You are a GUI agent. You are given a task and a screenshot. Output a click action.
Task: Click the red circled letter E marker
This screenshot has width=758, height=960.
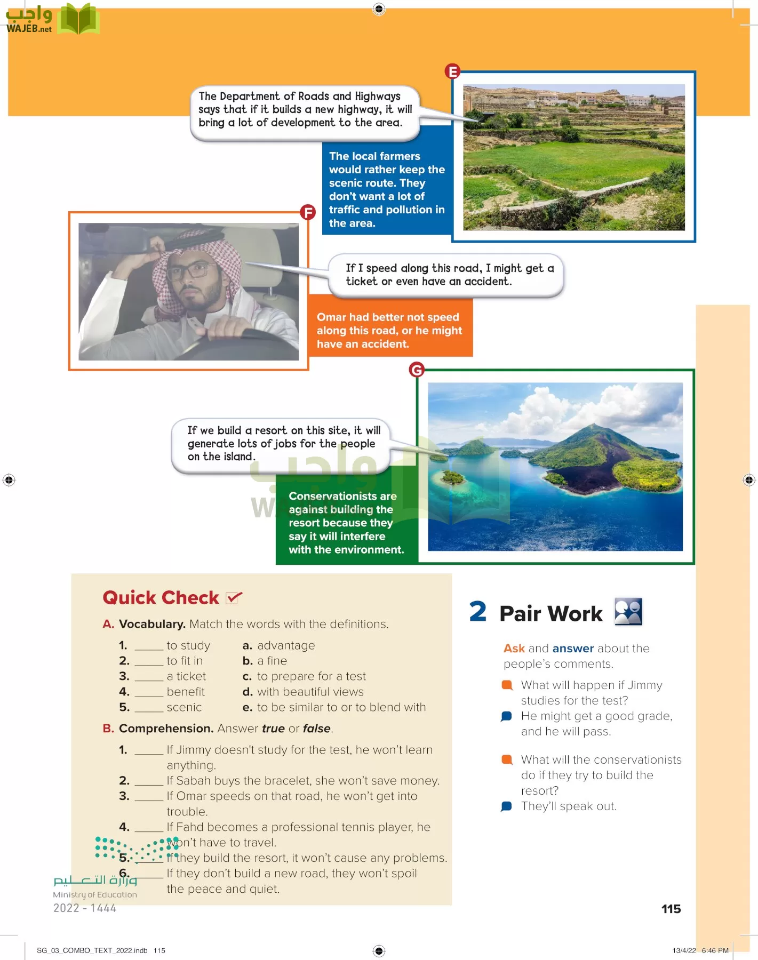[x=452, y=71]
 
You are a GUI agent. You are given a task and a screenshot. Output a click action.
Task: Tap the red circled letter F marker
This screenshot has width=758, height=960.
[x=307, y=212]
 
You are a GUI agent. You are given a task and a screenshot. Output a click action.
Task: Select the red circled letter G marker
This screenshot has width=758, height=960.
[x=416, y=369]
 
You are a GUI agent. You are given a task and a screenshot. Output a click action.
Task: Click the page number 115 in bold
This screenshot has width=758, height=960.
[x=671, y=909]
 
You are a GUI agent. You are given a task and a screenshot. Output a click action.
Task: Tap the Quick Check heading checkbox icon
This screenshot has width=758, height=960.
[x=234, y=598]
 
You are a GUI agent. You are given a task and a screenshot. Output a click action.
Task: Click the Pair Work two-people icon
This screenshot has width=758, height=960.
[x=628, y=612]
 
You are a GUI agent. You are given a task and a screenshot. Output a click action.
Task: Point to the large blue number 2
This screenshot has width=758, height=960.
[x=477, y=611]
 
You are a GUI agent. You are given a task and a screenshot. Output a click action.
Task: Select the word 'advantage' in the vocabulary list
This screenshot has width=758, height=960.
[x=286, y=645]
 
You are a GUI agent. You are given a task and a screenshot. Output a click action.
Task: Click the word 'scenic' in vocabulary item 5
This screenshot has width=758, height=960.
[x=184, y=707]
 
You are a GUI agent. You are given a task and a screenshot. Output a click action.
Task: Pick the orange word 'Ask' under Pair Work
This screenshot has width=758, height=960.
[x=514, y=649]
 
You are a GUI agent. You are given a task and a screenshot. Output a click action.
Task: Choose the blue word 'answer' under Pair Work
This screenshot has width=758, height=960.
[x=573, y=649]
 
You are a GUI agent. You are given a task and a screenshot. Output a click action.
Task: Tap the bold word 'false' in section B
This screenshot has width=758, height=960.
[x=317, y=729]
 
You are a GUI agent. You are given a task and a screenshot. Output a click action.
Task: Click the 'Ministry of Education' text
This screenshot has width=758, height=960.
[x=95, y=894]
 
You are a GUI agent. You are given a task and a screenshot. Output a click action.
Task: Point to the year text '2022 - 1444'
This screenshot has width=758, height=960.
[x=84, y=908]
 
